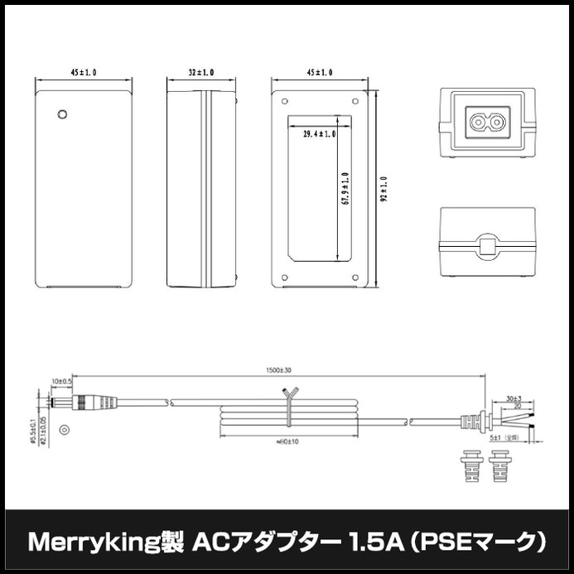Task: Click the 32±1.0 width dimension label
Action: click(x=200, y=73)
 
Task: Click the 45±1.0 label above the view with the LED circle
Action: click(x=84, y=73)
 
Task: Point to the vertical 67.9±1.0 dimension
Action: click(x=344, y=190)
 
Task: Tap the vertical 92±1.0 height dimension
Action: click(x=383, y=188)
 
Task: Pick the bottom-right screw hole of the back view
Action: click(x=354, y=277)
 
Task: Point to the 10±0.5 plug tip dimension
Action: click(x=60, y=381)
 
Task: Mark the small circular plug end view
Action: click(x=65, y=432)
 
